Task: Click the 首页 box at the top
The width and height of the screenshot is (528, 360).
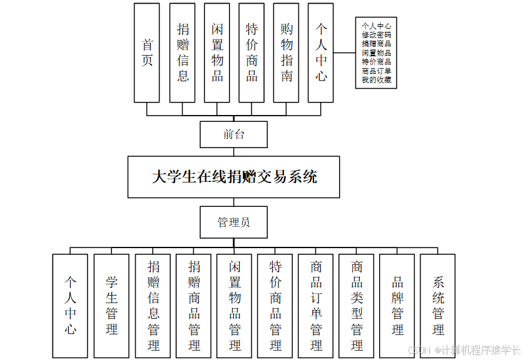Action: (x=147, y=52)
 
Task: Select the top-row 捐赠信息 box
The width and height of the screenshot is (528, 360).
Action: (x=182, y=52)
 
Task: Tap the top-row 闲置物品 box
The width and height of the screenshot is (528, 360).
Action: (x=217, y=52)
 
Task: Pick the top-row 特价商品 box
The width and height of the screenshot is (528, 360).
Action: (x=251, y=52)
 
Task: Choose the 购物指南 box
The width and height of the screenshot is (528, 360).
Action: (x=287, y=52)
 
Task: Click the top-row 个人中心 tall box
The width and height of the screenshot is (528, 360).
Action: (x=321, y=52)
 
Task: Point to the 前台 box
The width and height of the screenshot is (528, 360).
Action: (x=234, y=134)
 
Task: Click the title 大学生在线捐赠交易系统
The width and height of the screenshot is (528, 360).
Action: (x=234, y=177)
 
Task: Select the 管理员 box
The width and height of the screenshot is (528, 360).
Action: (x=234, y=222)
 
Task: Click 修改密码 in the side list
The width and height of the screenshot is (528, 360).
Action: (x=377, y=35)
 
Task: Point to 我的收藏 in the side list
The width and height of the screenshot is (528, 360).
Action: (x=377, y=79)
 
